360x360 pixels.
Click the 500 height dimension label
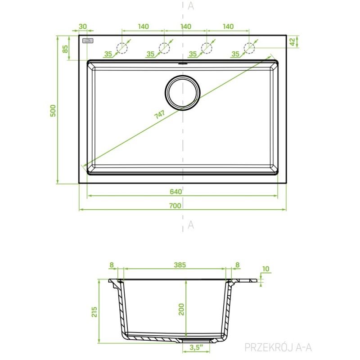[53, 111]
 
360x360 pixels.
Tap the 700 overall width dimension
[175, 206]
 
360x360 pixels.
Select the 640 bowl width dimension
[176, 192]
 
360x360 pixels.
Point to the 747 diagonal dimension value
[159, 115]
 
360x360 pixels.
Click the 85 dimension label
[65, 49]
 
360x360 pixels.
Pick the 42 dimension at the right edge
[292, 42]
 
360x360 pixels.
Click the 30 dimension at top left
[83, 27]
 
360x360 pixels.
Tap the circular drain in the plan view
[183, 93]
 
